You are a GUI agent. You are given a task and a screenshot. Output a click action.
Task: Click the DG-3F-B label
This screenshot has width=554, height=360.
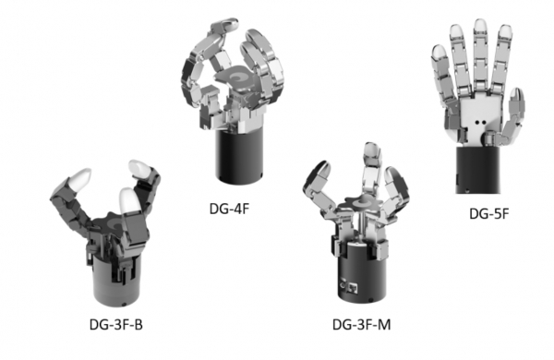116,324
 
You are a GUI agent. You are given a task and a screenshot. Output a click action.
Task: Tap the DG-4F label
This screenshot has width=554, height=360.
229,209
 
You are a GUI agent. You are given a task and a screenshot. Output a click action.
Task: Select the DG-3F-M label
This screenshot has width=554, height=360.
361,324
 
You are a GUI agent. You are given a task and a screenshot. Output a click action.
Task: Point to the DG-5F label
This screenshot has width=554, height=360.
489,213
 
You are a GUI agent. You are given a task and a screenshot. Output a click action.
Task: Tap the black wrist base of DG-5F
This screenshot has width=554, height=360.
477,170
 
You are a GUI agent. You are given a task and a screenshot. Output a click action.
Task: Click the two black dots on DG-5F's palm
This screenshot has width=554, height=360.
480,123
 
